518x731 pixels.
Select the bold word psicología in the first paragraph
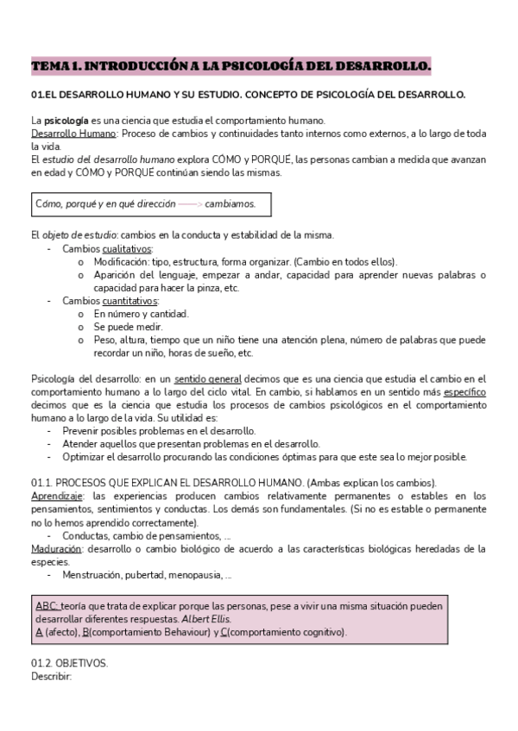click(x=65, y=121)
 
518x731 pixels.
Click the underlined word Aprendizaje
click(x=58, y=496)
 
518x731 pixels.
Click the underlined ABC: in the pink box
click(x=47, y=606)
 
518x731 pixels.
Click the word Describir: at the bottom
click(x=51, y=676)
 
